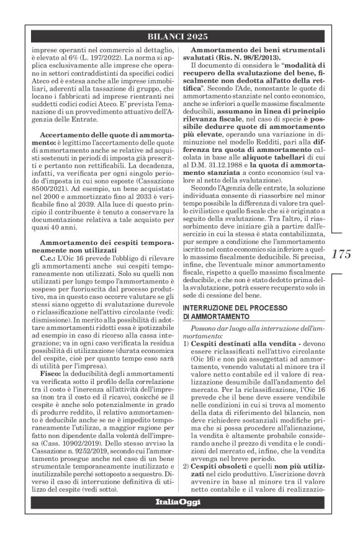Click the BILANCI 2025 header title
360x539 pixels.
point(179,37)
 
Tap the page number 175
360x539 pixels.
point(341,254)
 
